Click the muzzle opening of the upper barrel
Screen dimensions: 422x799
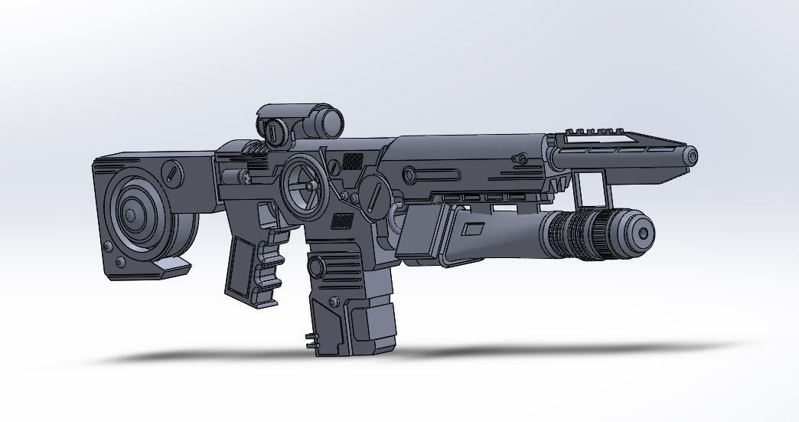coord(692,156)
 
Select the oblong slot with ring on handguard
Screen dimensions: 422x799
coord(411,176)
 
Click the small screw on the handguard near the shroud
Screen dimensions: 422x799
coord(522,159)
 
